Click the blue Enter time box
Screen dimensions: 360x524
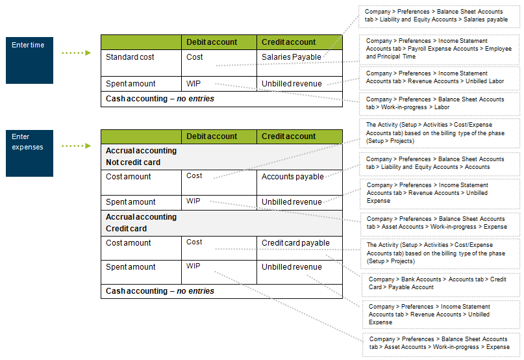tap(29, 60)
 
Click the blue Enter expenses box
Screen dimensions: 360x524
tap(29, 153)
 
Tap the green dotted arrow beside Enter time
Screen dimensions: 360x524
tap(76, 53)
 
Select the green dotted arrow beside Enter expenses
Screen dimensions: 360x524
tap(76, 146)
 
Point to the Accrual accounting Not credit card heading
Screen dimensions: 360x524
tap(141, 157)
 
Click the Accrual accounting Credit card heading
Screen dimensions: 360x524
tap(141, 223)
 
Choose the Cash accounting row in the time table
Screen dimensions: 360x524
tap(160, 99)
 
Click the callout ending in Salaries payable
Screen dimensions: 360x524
tap(440, 16)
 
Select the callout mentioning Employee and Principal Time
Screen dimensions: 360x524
tap(440, 49)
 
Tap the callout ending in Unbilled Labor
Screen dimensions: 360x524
tap(440, 77)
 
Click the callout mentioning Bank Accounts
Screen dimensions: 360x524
tap(440, 283)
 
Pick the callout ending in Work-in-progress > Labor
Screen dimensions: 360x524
tap(440, 103)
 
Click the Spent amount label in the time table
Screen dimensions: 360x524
tap(131, 84)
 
